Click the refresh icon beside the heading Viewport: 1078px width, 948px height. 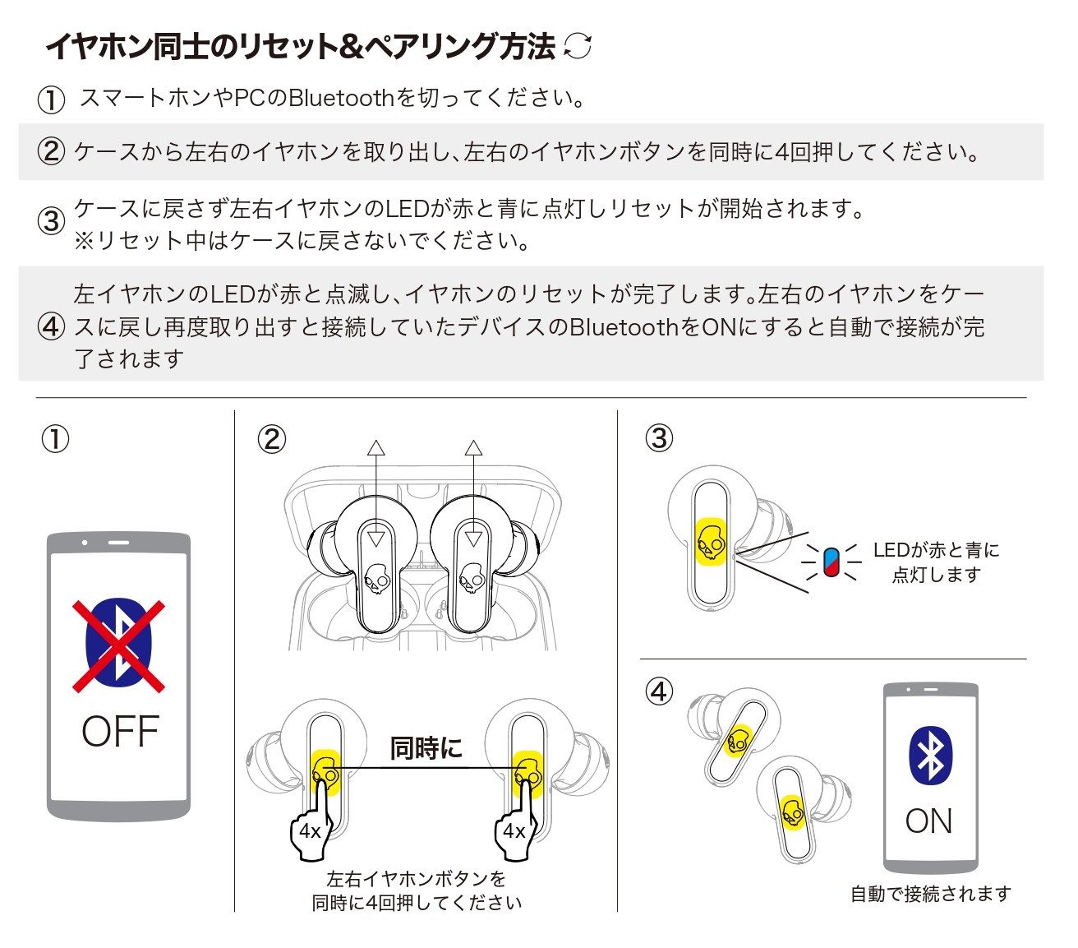[578, 46]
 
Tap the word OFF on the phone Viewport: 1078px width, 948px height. [120, 732]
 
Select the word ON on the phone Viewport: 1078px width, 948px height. [929, 821]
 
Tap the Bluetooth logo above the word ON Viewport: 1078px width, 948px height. [930, 755]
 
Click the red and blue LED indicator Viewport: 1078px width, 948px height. [831, 562]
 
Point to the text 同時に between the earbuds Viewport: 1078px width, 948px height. [426, 748]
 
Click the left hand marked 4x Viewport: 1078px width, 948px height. [311, 829]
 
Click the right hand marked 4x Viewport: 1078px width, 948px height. [514, 829]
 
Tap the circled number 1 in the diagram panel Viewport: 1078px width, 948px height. [55, 439]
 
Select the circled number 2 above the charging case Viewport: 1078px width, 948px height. [272, 439]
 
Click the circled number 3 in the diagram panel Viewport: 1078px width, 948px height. [659, 438]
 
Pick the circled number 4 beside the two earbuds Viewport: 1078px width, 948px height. [659, 691]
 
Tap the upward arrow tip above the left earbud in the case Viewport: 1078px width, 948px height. [376, 448]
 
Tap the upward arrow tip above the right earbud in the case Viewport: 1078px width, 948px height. [473, 448]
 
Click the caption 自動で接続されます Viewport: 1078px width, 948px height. [930, 894]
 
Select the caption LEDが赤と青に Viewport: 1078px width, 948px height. [936, 550]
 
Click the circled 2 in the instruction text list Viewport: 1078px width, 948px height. [51, 152]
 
